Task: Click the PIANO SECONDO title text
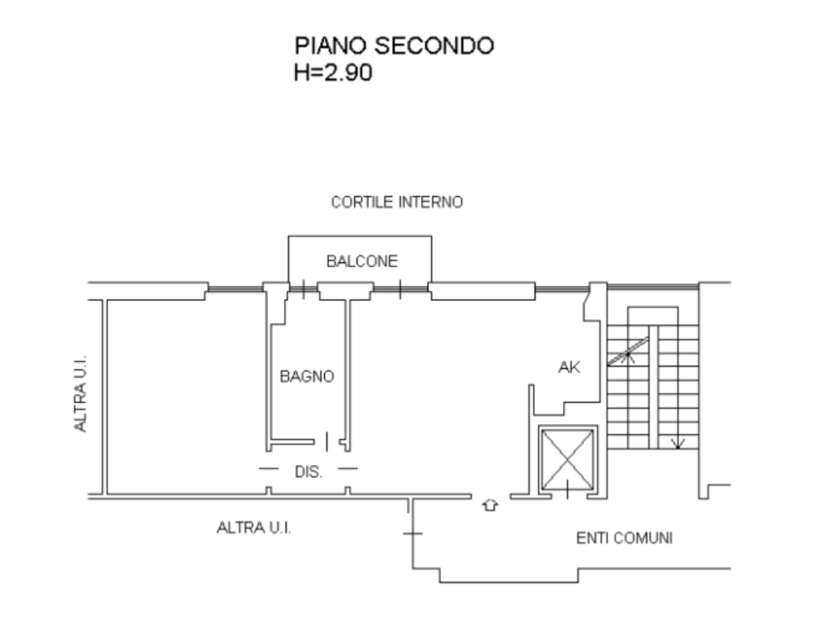coord(394,46)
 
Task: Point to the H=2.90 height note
coord(333,72)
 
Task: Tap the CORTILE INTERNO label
coord(397,202)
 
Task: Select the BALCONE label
coord(362,261)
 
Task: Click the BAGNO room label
coord(307,377)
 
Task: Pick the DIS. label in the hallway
coord(309,472)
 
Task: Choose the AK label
coord(570,367)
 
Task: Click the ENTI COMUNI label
coord(624,538)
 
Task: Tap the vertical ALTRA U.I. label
coord(80,394)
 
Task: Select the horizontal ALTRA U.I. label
coord(254,527)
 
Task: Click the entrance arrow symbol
coord(490,506)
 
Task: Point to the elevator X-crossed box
coord(568,459)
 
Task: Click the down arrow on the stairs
coord(677,444)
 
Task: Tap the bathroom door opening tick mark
coord(327,442)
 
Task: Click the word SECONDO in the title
coord(434,46)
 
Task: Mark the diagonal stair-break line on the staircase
coord(628,351)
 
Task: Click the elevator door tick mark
coord(567,489)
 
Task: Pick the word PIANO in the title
coord(332,46)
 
